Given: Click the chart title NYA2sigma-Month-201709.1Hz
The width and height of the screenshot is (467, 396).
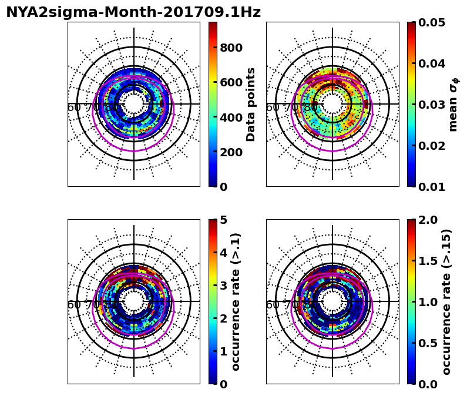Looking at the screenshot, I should point(133,12).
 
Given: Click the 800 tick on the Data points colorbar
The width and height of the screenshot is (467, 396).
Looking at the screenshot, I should point(231,48).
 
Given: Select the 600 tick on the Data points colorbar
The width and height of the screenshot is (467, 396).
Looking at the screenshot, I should point(231,82).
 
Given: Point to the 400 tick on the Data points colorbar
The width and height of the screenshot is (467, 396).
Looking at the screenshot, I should point(231,118).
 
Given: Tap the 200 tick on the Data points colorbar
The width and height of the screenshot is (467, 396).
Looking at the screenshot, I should point(231,152).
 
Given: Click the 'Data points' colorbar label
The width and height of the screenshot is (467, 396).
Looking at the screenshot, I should point(251,105).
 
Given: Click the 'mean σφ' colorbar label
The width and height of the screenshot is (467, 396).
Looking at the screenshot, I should point(453,105).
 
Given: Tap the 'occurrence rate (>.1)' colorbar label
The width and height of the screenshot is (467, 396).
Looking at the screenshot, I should point(236,301).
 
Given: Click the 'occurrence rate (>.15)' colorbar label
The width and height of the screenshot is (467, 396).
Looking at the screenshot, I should point(446,301).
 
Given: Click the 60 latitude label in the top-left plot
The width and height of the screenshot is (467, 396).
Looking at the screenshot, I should point(74,108).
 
